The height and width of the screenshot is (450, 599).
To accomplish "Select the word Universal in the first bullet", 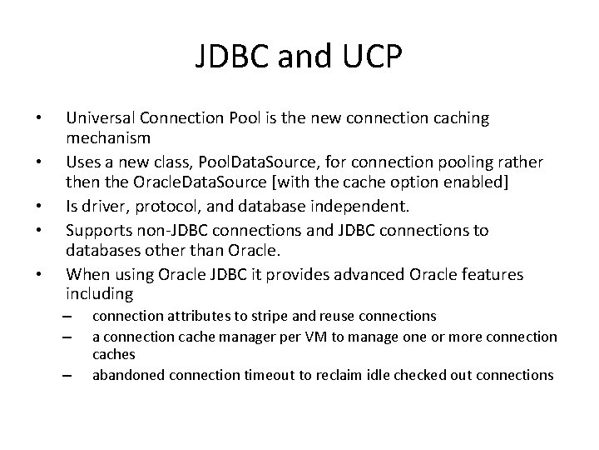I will [x=101, y=118].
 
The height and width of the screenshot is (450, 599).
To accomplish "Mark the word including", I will [x=99, y=292].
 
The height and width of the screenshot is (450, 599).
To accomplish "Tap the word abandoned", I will [x=122, y=375].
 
